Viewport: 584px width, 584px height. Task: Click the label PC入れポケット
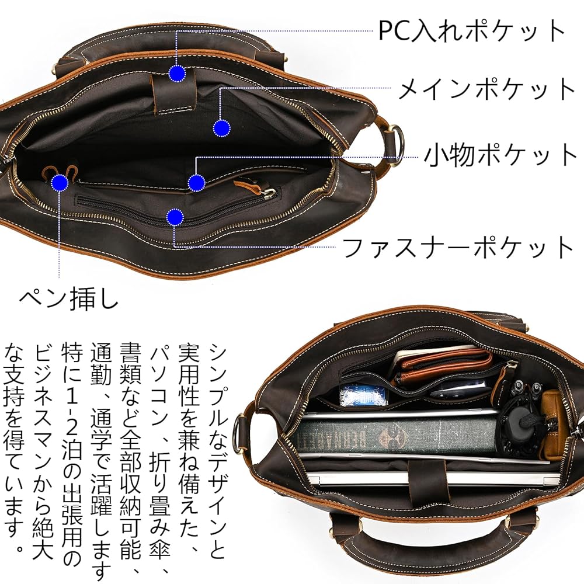[x=472, y=30]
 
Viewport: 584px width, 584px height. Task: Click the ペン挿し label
[x=69, y=299]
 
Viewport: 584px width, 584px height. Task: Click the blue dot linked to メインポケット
[x=221, y=128]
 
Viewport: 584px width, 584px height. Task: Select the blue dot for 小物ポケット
[x=196, y=183]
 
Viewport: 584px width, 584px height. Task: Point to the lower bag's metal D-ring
[x=239, y=432]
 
